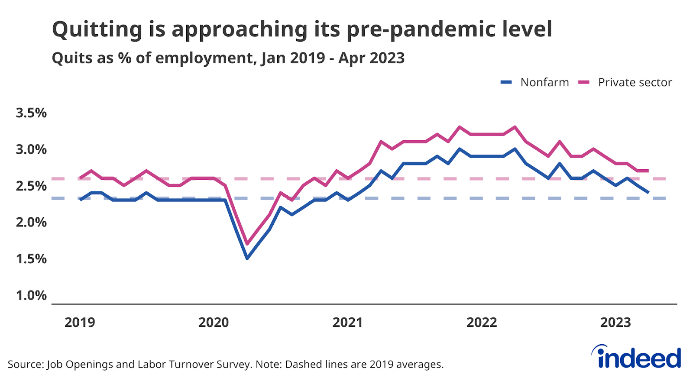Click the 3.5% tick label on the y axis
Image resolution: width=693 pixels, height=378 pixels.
[31, 113]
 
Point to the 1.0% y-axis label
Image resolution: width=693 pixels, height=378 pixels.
[31, 295]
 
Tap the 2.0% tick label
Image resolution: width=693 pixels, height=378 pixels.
[31, 222]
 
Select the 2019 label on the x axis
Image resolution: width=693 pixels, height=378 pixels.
[80, 323]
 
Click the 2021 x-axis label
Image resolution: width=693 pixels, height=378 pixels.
[347, 323]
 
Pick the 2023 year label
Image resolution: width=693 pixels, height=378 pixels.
[615, 323]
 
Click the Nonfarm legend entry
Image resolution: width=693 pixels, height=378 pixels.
[544, 82]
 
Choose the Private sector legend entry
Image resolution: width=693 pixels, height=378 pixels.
[635, 82]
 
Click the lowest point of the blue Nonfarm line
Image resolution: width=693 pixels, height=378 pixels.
[247, 258]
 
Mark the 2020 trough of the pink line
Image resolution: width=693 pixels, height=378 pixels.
[247, 244]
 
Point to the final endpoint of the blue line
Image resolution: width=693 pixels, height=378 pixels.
[648, 192]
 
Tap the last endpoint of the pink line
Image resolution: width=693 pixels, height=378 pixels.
[648, 171]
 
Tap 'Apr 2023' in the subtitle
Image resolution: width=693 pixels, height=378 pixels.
[371, 58]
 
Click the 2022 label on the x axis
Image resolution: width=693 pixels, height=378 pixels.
[482, 323]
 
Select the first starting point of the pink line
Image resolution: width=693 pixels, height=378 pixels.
[81, 178]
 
